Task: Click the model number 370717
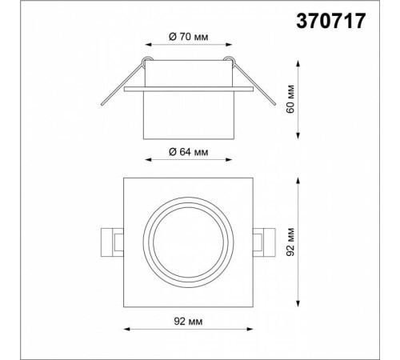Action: (331, 21)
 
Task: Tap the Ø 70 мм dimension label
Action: (189, 37)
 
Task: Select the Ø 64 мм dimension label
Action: (189, 152)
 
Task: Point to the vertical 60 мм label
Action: (290, 99)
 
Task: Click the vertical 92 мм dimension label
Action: (290, 242)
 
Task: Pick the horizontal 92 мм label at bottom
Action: (188, 322)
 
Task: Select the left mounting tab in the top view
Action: (112, 242)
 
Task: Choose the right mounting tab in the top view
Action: (264, 242)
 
